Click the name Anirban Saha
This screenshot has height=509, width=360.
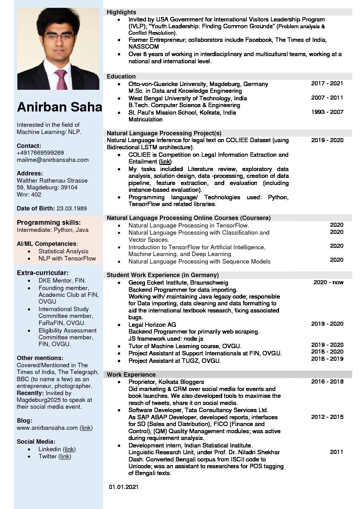(60, 107)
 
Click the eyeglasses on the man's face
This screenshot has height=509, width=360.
(59, 37)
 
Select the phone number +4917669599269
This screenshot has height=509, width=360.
(40, 153)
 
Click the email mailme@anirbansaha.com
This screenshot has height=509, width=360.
(52, 160)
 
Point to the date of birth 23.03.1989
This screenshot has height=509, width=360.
(71, 208)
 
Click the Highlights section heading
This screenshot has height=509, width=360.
(121, 12)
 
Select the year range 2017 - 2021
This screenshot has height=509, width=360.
(327, 83)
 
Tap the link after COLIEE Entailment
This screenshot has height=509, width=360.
(165, 162)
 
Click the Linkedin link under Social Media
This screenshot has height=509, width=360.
(69, 449)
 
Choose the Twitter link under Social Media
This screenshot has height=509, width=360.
(65, 456)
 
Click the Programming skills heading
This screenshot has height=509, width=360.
(49, 223)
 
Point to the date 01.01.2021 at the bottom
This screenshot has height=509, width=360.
(124, 487)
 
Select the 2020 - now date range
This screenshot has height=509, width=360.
(328, 282)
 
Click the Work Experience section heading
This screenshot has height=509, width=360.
(131, 375)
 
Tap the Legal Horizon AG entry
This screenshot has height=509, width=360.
(152, 325)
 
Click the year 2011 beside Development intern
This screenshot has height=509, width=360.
(336, 452)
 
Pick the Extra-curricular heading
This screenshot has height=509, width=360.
(43, 273)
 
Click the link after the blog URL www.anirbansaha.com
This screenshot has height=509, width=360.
(86, 428)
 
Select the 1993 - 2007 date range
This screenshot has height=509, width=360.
(327, 112)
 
